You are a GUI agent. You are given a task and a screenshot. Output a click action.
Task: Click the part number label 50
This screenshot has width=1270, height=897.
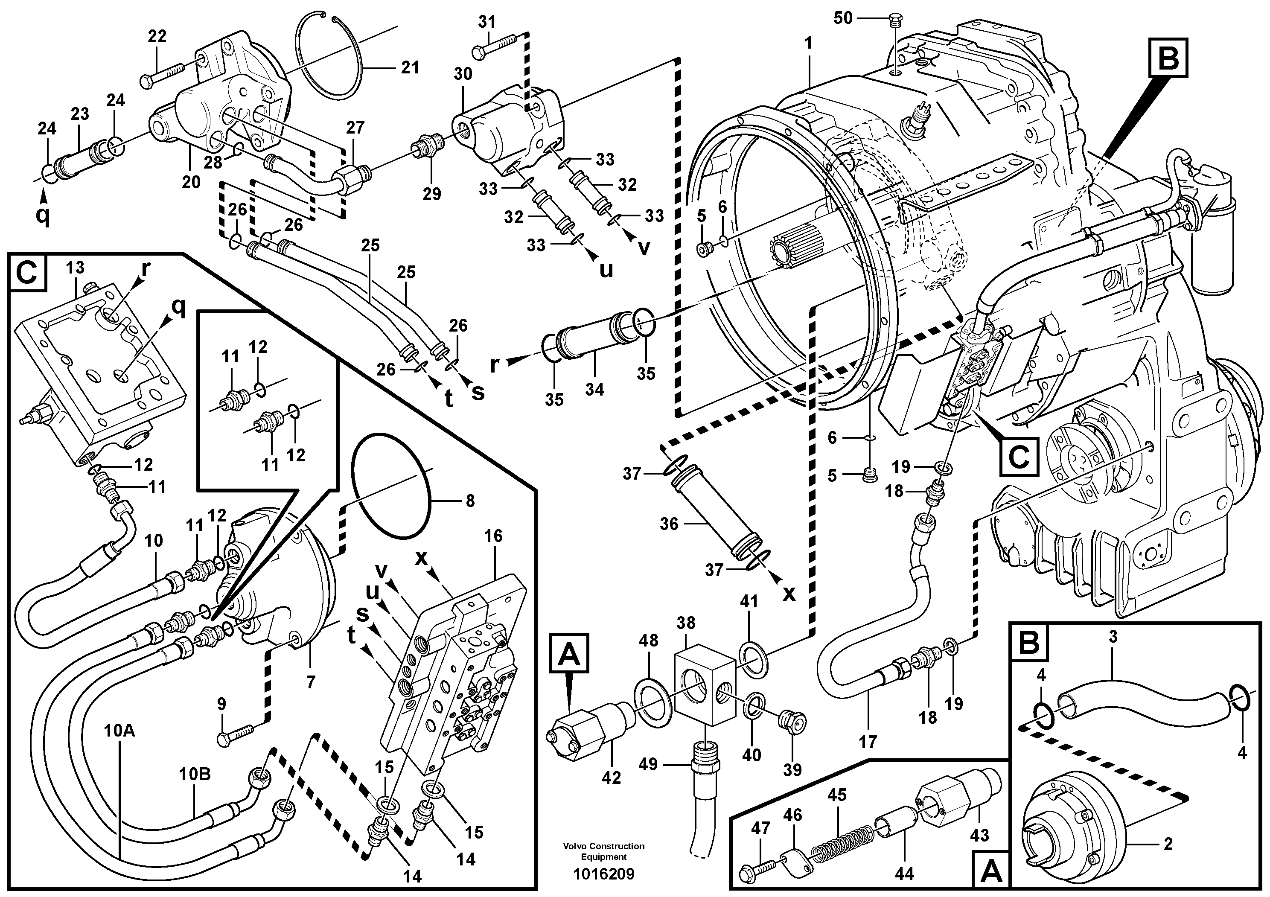[843, 18]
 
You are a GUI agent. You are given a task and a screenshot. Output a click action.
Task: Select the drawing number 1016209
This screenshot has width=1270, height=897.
[603, 874]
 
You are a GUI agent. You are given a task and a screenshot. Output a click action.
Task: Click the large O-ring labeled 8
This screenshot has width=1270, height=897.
[390, 486]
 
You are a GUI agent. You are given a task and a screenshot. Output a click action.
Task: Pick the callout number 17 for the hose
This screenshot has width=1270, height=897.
[868, 742]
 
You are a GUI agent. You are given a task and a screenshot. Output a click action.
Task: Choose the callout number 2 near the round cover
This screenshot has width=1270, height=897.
[1167, 844]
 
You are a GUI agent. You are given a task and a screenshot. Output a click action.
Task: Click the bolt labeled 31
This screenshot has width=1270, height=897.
[495, 46]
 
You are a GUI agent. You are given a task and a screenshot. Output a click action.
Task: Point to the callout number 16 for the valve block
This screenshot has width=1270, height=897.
[493, 536]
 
